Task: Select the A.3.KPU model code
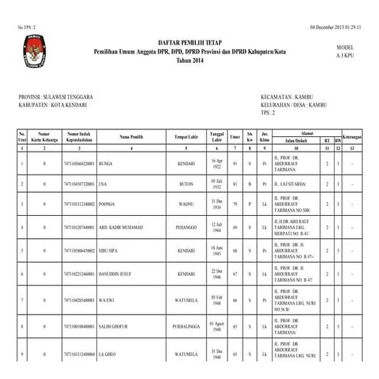pyautogui.click(x=348, y=56)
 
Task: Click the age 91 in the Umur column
pyautogui.click(x=235, y=164)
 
